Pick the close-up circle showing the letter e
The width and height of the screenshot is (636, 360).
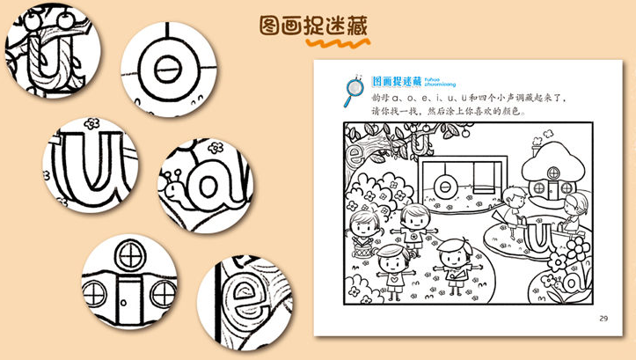243,305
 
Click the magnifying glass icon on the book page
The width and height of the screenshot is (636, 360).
355,87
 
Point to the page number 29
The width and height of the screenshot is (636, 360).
602,318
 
